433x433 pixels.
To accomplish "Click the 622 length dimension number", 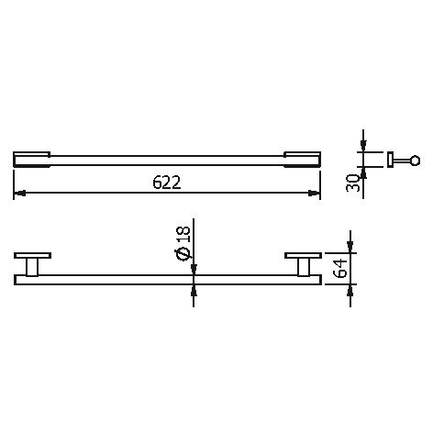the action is tap(167, 183).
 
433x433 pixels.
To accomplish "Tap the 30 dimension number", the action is tap(352, 183).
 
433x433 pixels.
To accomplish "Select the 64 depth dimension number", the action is tap(340, 269).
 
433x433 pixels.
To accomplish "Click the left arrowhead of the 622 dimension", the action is tap(19, 193).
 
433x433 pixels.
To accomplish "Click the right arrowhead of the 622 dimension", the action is tap(314, 193).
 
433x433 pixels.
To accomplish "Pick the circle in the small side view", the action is tap(415, 161).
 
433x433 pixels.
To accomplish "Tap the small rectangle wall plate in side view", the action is tap(390, 160).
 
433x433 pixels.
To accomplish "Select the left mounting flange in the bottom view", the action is tap(32, 256).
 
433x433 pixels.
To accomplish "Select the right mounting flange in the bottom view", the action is tap(303, 256).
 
